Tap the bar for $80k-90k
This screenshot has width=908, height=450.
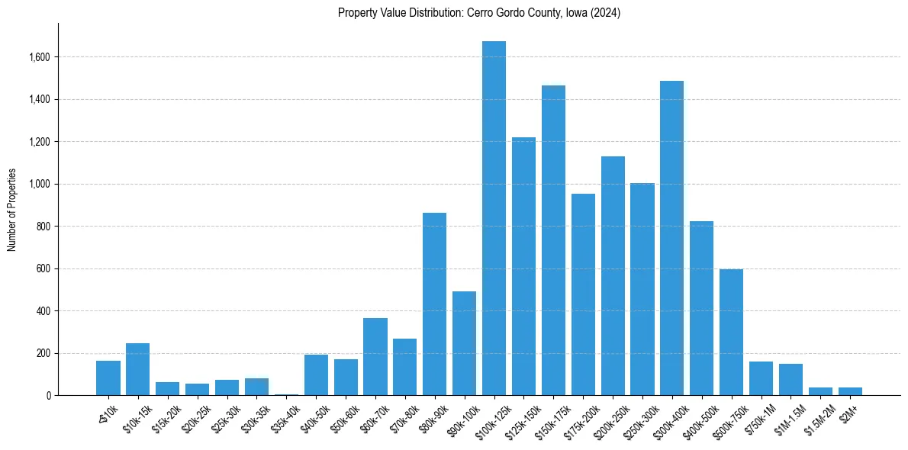tap(434, 304)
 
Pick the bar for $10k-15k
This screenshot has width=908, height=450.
tap(137, 369)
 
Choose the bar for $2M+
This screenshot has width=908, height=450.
tap(850, 391)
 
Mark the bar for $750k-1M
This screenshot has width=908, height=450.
tap(761, 378)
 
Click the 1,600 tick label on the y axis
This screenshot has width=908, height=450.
tap(40, 57)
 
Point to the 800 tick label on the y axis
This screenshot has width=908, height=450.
tap(44, 227)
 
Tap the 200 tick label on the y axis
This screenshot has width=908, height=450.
tap(44, 353)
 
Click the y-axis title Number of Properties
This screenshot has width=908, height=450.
tap(11, 210)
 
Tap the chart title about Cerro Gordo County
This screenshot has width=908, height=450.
tap(479, 13)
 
